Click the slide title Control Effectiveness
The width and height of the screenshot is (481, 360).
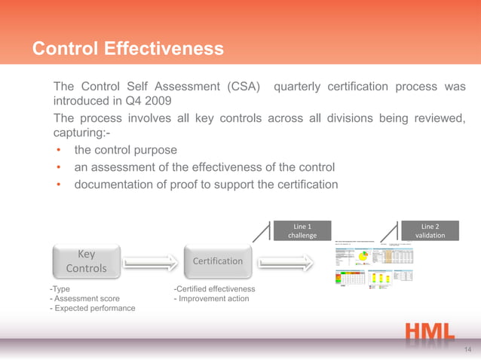click(x=128, y=49)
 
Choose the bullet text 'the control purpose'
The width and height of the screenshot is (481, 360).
click(x=125, y=150)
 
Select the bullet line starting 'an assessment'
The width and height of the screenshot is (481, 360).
click(x=204, y=166)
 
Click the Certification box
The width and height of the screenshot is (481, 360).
click(x=218, y=261)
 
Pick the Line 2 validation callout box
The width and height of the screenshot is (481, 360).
click(x=430, y=230)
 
